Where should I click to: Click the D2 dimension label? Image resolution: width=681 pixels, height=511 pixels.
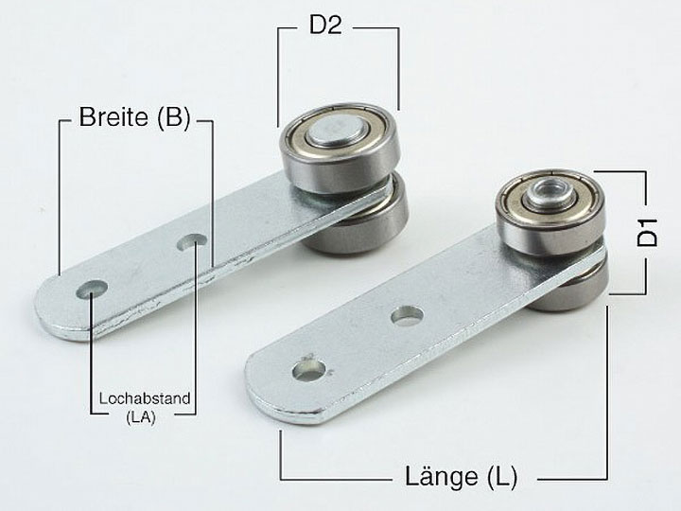pyautogui.click(x=325, y=26)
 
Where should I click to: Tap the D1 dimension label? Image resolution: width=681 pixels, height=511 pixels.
pyautogui.click(x=648, y=233)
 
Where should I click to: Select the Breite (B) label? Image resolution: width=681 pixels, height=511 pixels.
pyautogui.click(x=134, y=117)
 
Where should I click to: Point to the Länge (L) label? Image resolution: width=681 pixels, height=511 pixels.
pyautogui.click(x=462, y=477)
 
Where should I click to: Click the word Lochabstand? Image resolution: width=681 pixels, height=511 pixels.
pyautogui.click(x=145, y=398)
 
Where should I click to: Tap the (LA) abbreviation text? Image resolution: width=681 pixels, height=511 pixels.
pyautogui.click(x=141, y=417)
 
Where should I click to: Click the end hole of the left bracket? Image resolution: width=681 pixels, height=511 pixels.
pyautogui.click(x=92, y=290)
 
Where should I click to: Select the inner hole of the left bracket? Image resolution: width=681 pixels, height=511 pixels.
pyautogui.click(x=192, y=241)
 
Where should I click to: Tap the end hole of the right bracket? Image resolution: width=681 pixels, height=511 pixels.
pyautogui.click(x=309, y=371)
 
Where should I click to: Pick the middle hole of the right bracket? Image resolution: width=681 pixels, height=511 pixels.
pyautogui.click(x=407, y=315)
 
